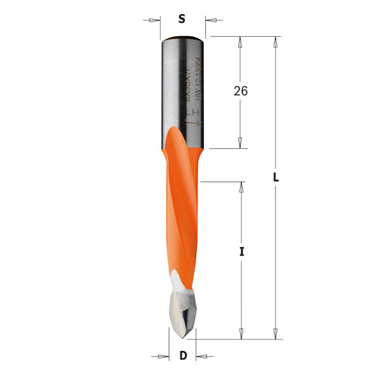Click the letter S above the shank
pyautogui.click(x=182, y=19)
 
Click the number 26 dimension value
pyautogui.click(x=240, y=91)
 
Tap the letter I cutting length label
pyautogui.click(x=241, y=252)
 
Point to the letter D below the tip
pyautogui.click(x=183, y=356)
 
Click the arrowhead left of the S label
pyautogui.click(x=155, y=20)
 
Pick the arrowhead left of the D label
pyautogui.click(x=163, y=355)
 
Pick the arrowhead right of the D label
pyautogui.click(x=202, y=355)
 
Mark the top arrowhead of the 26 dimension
pyautogui.click(x=240, y=42)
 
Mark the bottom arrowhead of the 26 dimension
pyautogui.click(x=240, y=143)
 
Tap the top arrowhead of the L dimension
pyautogui.click(x=275, y=42)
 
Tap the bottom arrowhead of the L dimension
pyautogui.click(x=275, y=334)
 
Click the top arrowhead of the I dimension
pyautogui.click(x=241, y=187)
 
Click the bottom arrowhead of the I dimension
pyautogui.click(x=241, y=334)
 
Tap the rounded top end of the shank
pyautogui.click(x=182, y=39)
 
